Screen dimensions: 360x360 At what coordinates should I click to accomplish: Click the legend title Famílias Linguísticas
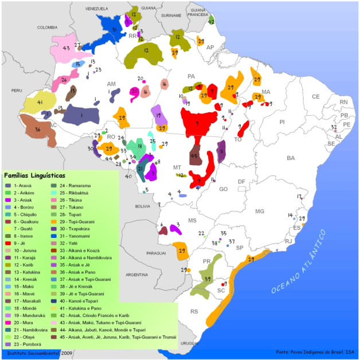[35, 174]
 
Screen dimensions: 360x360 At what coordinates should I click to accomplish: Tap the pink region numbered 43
[66, 49]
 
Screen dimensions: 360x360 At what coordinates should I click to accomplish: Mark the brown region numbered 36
[37, 131]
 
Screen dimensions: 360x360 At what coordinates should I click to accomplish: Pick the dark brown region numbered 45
[195, 156]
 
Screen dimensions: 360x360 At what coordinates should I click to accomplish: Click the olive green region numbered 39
[206, 279]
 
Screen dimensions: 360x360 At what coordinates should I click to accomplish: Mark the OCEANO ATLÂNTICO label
[299, 262]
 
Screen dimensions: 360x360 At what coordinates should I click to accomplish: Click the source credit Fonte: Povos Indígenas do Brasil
[312, 351]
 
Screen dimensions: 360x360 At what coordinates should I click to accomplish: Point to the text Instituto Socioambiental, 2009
[37, 354]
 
